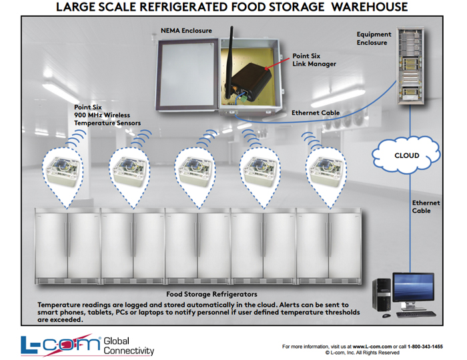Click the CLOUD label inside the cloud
(406, 155)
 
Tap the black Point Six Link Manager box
(251, 82)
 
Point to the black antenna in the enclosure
(230, 63)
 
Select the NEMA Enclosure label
(186, 31)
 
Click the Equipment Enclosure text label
(374, 39)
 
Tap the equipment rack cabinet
(410, 65)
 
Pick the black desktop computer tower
(382, 295)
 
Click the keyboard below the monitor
(416, 314)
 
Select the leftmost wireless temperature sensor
(63, 171)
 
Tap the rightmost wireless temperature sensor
(326, 171)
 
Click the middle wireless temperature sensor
(195, 171)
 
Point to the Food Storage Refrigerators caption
(211, 294)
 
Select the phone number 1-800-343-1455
(425, 346)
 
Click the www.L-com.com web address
(372, 346)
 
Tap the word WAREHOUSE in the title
(370, 7)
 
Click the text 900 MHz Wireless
(102, 115)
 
